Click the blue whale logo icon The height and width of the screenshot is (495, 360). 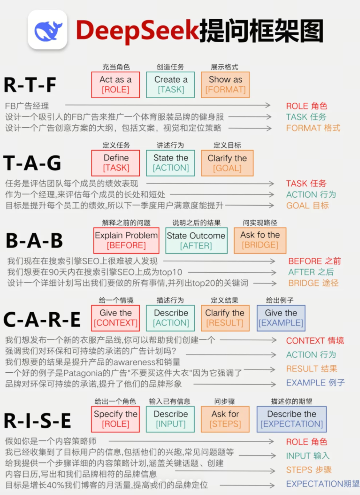coord(48,30)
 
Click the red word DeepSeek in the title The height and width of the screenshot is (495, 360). coord(137,30)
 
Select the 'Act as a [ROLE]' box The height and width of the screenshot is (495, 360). coord(116,85)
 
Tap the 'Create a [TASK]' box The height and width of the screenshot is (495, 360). coord(171,85)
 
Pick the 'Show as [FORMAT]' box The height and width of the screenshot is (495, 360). coord(225,85)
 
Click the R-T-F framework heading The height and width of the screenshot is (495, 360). coord(30,85)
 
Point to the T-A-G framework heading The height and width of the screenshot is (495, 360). coord(32,163)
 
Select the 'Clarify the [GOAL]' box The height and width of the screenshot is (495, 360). coord(227,163)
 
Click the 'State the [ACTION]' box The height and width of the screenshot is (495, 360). coord(171,163)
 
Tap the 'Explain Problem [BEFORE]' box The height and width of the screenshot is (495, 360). coord(126,241)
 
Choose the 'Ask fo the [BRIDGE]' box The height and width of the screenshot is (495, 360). coord(260,240)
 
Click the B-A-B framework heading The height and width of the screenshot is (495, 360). coord(34,241)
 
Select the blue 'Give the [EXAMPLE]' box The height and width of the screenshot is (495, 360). coord(281,318)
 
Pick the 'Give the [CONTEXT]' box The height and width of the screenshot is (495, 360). coord(116,318)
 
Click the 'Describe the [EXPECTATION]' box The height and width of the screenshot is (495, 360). coord(292,419)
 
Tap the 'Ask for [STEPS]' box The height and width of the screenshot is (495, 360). coord(225,419)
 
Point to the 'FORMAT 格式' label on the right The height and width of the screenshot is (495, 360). coord(313,128)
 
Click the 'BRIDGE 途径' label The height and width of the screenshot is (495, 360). coord(313,283)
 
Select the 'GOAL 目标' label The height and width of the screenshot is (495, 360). coord(307,206)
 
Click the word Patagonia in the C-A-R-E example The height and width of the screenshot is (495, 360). coord(83,373)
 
